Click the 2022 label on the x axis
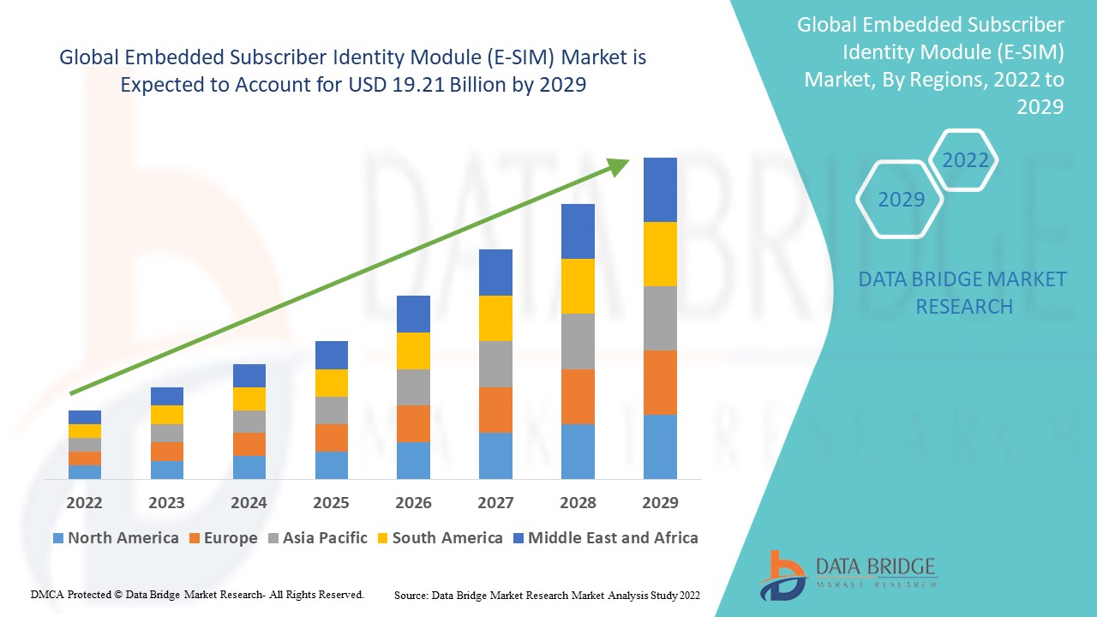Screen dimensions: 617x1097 (x=84, y=502)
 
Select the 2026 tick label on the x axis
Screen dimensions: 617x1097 (x=413, y=502)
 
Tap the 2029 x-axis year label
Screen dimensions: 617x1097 (x=660, y=502)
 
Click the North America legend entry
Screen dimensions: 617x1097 (x=116, y=538)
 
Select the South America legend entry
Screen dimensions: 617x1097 (x=439, y=538)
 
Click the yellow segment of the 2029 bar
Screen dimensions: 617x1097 (x=660, y=254)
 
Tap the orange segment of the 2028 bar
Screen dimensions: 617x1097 (x=578, y=396)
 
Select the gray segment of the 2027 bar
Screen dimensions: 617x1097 (x=495, y=364)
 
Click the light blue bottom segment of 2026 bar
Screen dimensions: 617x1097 (x=413, y=460)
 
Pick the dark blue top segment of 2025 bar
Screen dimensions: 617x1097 (x=331, y=355)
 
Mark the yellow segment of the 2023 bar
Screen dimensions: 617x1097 (x=166, y=415)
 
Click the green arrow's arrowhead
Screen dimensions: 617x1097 (x=617, y=165)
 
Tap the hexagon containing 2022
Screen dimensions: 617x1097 (x=964, y=160)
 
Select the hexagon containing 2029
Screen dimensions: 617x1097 (x=900, y=200)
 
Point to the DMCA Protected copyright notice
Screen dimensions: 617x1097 (x=197, y=594)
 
